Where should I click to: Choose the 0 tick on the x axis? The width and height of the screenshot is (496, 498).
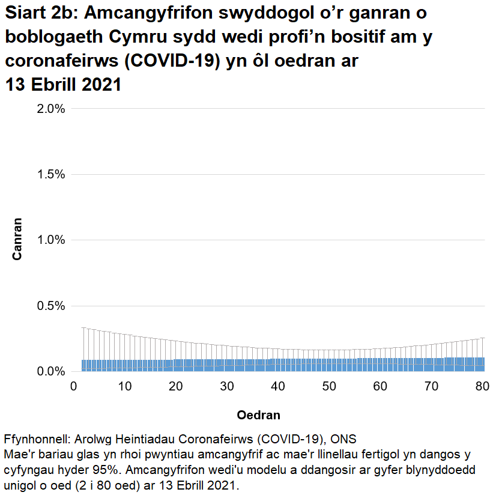click(x=73, y=385)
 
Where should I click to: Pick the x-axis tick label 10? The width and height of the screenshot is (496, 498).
click(x=124, y=385)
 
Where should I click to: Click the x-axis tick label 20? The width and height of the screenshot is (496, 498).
click(x=175, y=385)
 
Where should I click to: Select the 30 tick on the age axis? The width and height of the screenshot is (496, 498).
click(x=226, y=385)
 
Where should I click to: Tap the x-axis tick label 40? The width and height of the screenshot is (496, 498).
click(x=277, y=385)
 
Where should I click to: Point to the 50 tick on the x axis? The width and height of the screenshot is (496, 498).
click(x=328, y=385)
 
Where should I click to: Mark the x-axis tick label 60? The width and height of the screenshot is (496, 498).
click(x=380, y=385)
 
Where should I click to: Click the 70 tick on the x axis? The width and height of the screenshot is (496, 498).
click(x=431, y=385)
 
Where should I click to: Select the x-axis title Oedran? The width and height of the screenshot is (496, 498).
click(x=258, y=415)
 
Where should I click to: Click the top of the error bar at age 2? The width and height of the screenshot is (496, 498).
click(x=83, y=328)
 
